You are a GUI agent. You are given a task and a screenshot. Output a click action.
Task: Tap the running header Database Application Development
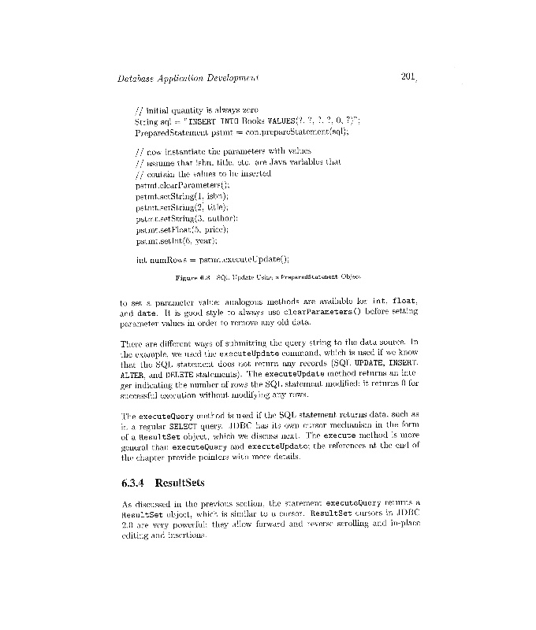(188, 79)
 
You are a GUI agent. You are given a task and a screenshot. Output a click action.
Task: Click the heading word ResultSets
(181, 482)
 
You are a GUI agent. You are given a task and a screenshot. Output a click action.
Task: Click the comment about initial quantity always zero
(197, 110)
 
